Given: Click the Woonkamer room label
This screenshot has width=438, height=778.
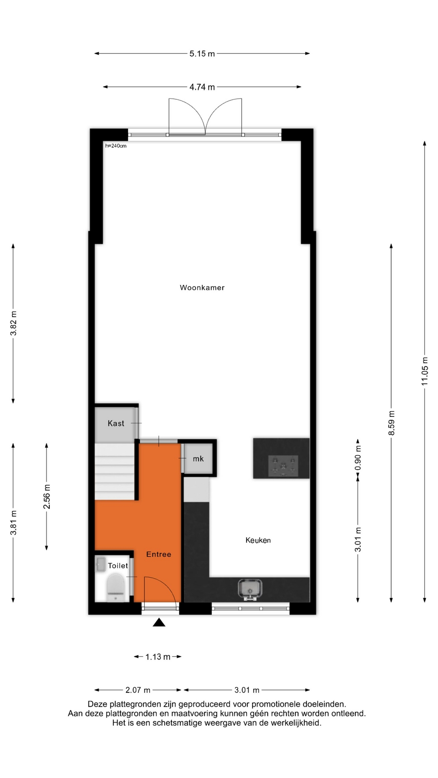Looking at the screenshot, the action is click(x=202, y=288).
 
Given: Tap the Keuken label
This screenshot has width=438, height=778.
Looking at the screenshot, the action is click(x=258, y=540).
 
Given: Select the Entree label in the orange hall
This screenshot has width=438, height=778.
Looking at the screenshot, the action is click(x=159, y=554).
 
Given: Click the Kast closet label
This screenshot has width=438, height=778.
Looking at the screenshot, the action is click(x=116, y=423).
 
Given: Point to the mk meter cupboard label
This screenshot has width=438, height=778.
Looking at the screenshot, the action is click(x=198, y=459).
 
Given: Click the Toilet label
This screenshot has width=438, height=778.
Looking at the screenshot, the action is click(x=118, y=566).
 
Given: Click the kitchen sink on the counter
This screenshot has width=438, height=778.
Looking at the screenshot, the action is click(x=250, y=589).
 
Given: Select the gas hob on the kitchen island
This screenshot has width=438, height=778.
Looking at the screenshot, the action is click(x=283, y=465).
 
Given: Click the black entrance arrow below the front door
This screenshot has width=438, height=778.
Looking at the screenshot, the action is click(x=159, y=622).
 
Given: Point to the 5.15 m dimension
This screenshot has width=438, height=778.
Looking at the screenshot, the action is click(x=202, y=53).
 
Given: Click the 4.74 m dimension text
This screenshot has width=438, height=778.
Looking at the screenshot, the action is click(x=202, y=87).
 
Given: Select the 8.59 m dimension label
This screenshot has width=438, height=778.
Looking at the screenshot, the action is click(x=391, y=423).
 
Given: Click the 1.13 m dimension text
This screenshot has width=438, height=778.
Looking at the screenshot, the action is click(x=158, y=657).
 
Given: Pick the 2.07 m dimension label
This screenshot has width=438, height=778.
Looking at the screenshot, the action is click(x=138, y=690).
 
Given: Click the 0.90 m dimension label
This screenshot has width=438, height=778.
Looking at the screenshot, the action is click(x=358, y=458).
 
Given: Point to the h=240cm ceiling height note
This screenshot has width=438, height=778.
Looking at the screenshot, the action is click(x=116, y=146).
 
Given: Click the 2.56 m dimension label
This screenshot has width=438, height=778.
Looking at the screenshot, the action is click(x=47, y=496).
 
